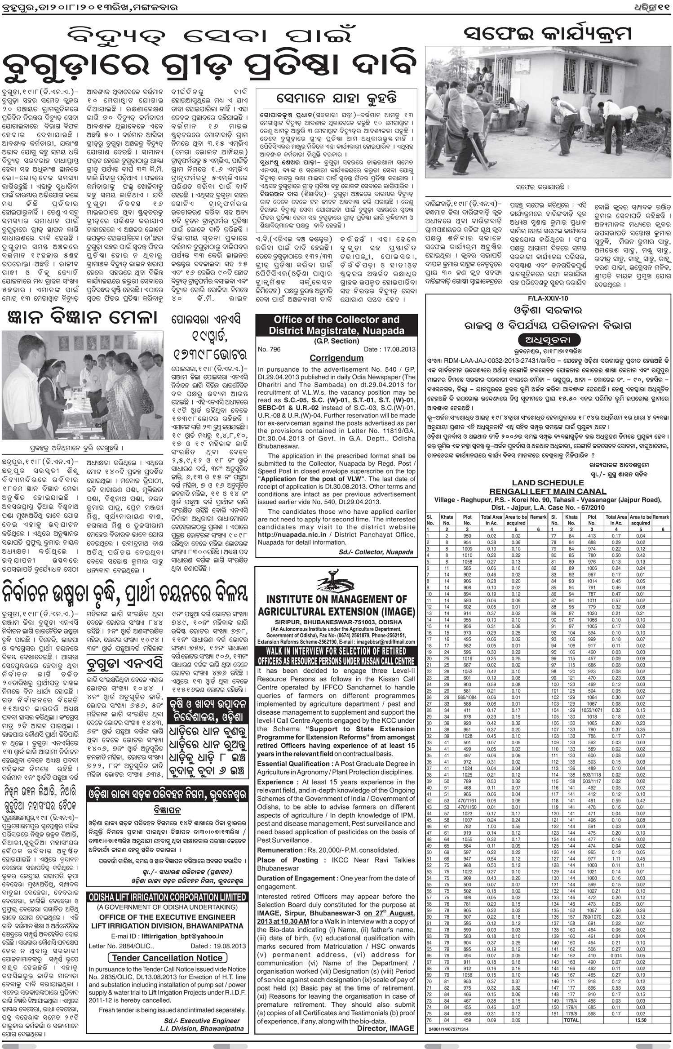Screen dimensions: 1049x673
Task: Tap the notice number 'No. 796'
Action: pyautogui.click(x=269, y=349)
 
